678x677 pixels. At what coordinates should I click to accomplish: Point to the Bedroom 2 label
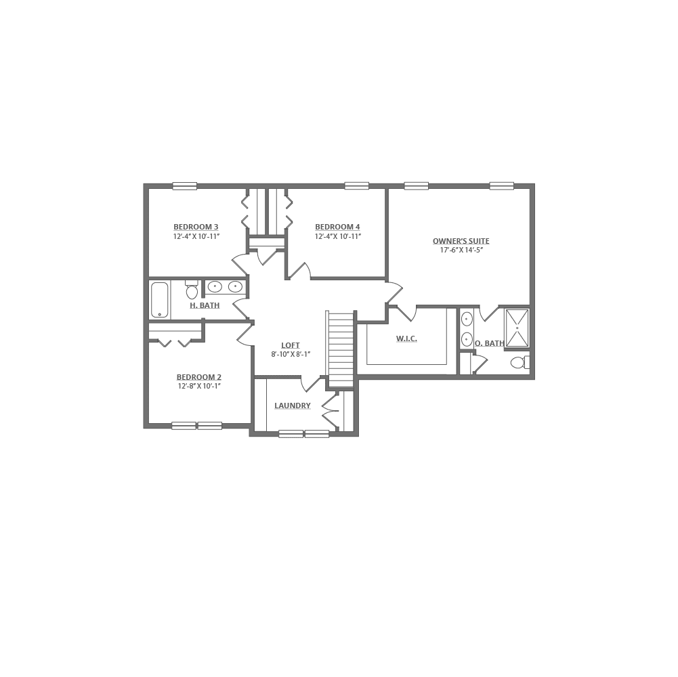(199, 377)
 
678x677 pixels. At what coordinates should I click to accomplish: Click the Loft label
(291, 345)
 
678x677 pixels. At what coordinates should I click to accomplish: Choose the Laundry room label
(293, 407)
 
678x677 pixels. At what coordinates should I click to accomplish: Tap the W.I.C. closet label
(405, 338)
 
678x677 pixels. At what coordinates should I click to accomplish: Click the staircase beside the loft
(341, 349)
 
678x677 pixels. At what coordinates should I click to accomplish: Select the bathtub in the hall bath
(161, 299)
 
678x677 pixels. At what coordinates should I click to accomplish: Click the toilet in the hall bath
(192, 291)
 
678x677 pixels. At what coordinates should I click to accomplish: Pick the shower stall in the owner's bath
(518, 327)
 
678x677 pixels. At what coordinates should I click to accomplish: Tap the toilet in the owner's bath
(468, 338)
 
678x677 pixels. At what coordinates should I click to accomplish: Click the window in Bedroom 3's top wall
(185, 185)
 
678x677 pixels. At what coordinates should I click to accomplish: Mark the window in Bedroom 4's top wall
(357, 185)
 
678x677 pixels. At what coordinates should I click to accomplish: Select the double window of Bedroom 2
(197, 426)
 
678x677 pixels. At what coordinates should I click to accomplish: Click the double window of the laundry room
(304, 434)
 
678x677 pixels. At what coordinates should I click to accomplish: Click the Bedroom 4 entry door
(300, 271)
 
